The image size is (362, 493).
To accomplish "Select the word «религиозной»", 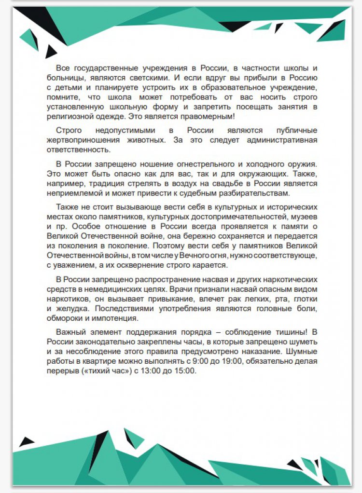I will point(69,116).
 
